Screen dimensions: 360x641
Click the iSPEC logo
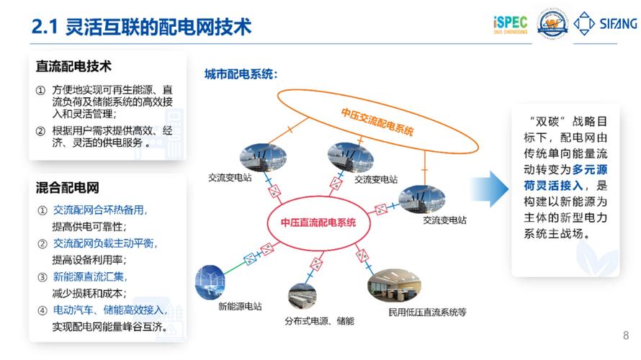(x=511, y=24)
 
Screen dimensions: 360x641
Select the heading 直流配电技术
(x=74, y=66)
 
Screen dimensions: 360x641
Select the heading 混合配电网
(x=67, y=188)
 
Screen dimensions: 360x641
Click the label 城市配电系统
(x=241, y=73)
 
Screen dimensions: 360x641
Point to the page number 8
(x=624, y=335)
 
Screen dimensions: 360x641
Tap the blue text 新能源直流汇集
(x=90, y=277)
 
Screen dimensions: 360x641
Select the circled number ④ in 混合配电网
(x=42, y=311)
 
